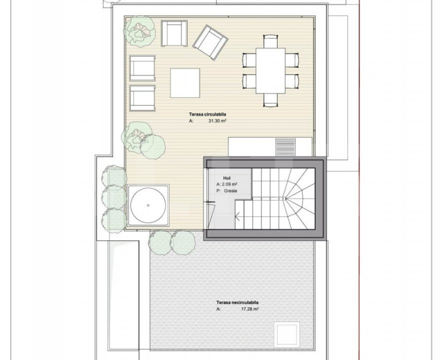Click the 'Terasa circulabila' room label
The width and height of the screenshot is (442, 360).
(x=208, y=114)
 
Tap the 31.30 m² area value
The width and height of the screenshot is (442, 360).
(x=217, y=121)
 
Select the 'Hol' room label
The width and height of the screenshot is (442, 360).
(x=227, y=178)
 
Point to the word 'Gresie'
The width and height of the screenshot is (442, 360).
(x=231, y=191)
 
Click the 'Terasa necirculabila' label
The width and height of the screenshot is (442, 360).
(x=237, y=302)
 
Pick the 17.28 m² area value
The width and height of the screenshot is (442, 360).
(x=250, y=309)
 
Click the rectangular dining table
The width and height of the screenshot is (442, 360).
(x=270, y=70)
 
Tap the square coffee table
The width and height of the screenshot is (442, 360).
(x=185, y=83)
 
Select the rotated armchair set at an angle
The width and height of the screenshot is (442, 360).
(x=210, y=42)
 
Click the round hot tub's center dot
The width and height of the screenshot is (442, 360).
(x=148, y=205)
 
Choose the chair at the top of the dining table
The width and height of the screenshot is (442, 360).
(x=270, y=41)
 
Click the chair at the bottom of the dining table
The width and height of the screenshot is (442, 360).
(x=270, y=100)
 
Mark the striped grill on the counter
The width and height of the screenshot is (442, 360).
(x=285, y=147)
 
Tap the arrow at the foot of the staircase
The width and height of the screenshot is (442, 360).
(x=237, y=216)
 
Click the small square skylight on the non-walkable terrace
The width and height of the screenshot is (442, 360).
(x=287, y=335)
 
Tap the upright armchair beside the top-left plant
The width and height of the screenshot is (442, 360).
(x=174, y=33)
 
